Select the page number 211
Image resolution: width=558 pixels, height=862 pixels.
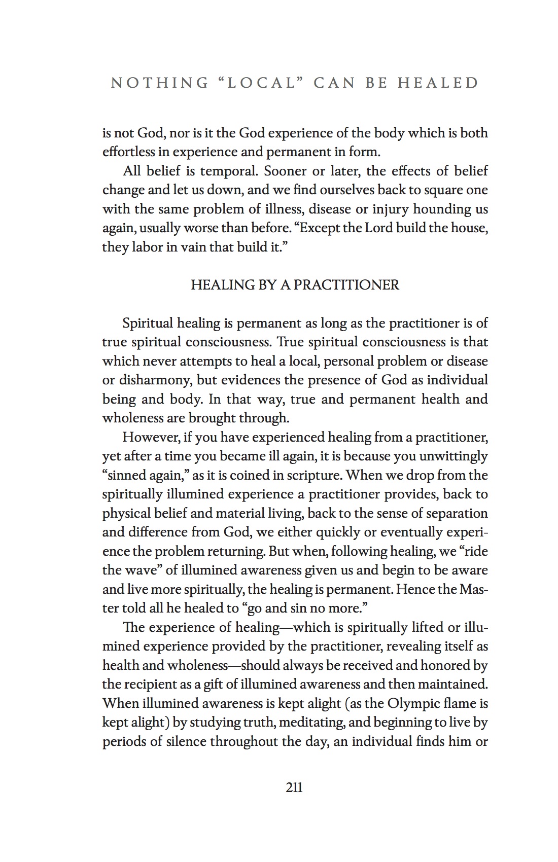[x=294, y=787]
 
